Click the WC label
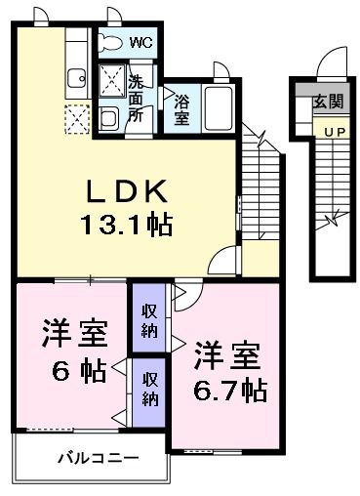[141, 44]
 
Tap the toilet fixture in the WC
[111, 44]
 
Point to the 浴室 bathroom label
[181, 107]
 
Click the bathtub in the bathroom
[217, 108]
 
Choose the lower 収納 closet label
[149, 388]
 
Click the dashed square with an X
[76, 119]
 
